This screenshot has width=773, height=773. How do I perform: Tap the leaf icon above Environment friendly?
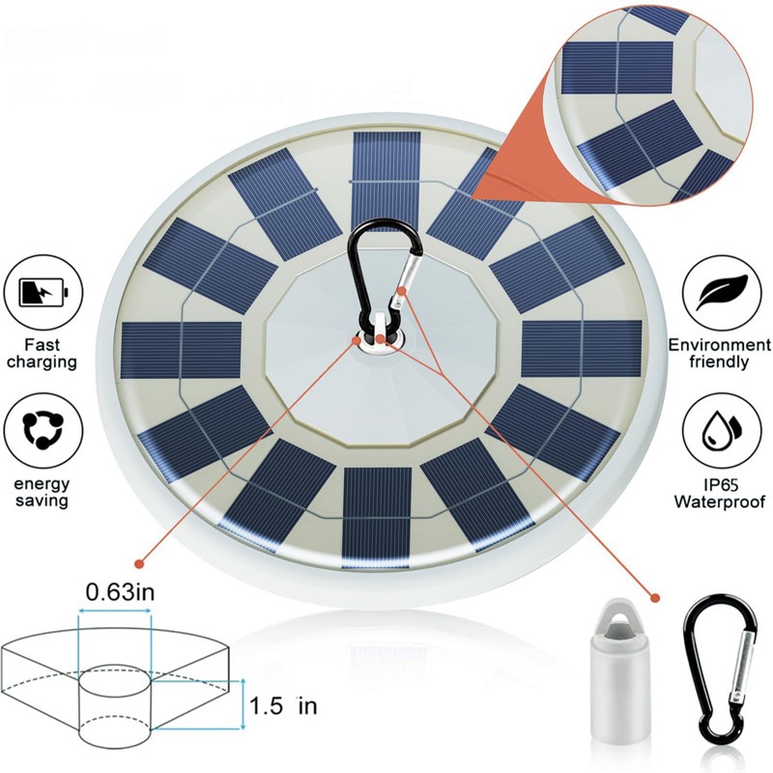pyautogui.click(x=720, y=291)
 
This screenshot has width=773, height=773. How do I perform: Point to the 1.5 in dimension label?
pyautogui.click(x=281, y=706)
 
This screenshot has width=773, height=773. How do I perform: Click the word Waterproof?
pyautogui.click(x=720, y=501)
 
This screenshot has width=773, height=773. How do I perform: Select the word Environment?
pyautogui.click(x=720, y=345)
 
